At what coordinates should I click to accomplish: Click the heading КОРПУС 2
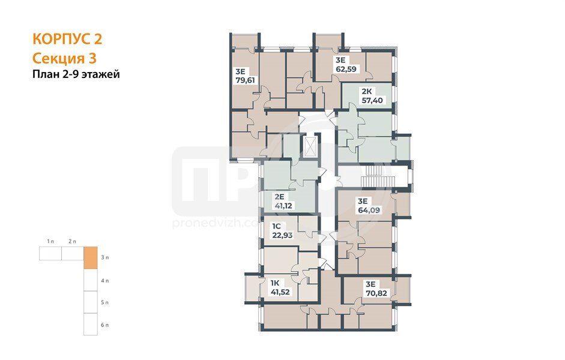67,39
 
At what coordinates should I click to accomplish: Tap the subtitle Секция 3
64,58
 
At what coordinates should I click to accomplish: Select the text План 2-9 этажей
76,74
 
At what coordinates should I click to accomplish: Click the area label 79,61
245,80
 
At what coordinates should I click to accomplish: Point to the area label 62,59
346,69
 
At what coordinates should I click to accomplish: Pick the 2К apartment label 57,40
372,100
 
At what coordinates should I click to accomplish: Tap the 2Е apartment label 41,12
283,206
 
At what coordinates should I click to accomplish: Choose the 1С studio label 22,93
282,235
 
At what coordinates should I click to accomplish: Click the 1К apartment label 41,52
280,292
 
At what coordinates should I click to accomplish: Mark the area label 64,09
369,210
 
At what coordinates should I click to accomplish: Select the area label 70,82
376,293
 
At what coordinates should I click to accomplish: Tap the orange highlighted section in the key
91,258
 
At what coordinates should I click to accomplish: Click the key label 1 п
50,241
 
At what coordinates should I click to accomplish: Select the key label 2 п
72,241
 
